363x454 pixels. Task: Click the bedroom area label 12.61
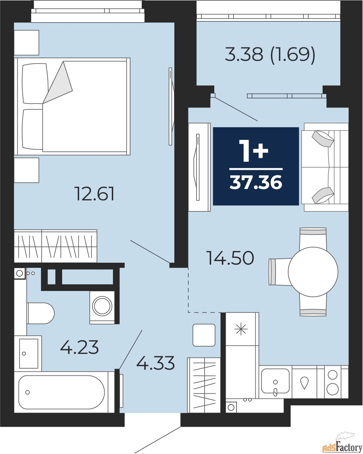94,194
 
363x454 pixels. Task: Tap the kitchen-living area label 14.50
231,258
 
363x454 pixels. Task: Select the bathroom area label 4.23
79,347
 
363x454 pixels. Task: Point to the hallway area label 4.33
155,363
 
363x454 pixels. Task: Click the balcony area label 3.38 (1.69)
270,55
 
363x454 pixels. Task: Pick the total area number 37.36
256,182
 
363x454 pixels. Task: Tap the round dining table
313,272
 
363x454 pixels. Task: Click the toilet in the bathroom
41,313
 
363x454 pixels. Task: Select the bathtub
61,392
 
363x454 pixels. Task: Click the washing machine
102,308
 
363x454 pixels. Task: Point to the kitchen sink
275,381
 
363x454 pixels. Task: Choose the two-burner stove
332,382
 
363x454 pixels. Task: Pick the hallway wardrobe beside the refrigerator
204,385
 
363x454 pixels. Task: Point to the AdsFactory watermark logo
342,446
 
